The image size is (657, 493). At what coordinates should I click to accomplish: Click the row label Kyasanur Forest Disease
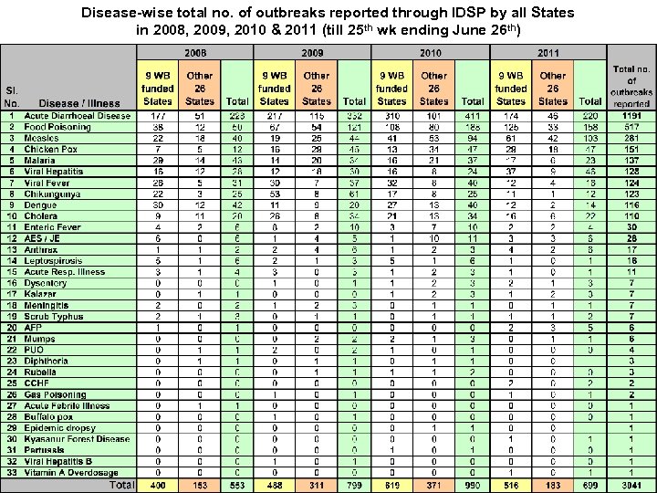(77, 438)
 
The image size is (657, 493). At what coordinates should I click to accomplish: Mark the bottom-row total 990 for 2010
(473, 484)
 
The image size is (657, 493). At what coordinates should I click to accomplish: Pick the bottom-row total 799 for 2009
(354, 484)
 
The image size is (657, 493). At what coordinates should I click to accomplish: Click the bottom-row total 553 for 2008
(237, 484)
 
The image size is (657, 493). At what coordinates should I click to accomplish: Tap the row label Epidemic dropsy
(61, 427)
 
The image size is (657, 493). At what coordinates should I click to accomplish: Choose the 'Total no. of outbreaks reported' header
(632, 87)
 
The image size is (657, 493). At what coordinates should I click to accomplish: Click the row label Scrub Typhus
(55, 316)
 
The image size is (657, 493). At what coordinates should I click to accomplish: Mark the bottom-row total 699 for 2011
(590, 484)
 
